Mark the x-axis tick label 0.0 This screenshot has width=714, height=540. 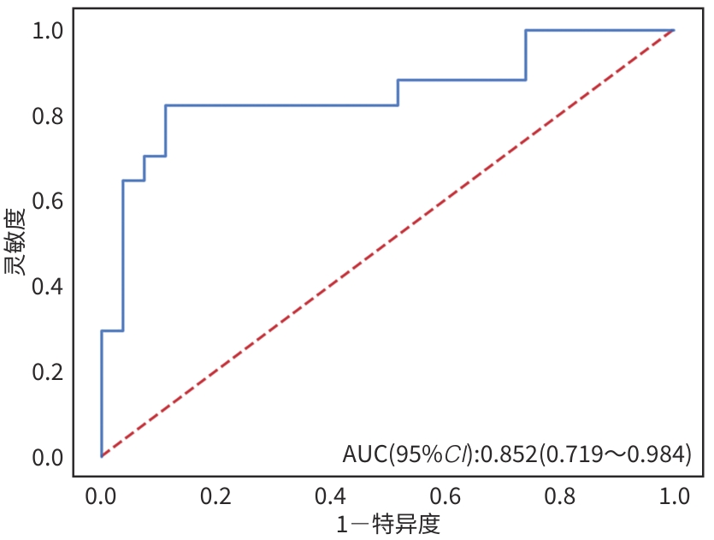102,495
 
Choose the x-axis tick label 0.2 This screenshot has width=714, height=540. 216,495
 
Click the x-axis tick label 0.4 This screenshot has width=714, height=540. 331,495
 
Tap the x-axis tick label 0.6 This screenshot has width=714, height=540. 446,495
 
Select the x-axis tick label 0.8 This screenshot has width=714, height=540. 560,495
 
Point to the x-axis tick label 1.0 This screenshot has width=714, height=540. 675,495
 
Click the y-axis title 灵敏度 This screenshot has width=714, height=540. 16,242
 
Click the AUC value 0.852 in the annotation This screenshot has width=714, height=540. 510,454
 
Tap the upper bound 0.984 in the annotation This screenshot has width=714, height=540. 655,454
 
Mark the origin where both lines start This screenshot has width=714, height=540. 102,456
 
